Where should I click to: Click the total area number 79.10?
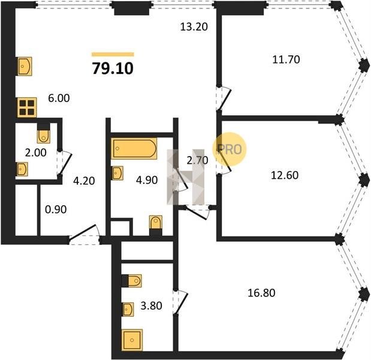[x=113, y=68]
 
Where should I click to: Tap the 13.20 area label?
[x=194, y=26]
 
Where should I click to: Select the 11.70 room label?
[x=286, y=59]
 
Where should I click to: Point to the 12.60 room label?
[x=285, y=175]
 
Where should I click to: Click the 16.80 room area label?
[x=261, y=293]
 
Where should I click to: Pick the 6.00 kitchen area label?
[x=59, y=98]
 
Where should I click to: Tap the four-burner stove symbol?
[x=27, y=107]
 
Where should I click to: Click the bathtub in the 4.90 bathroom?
[x=134, y=148]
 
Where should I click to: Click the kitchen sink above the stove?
[x=25, y=67]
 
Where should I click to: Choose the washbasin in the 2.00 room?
[x=22, y=169]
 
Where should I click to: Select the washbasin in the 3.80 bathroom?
[x=128, y=309]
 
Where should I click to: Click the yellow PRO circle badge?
[x=230, y=149]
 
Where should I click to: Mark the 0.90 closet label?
[x=56, y=209]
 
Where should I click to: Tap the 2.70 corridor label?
[x=197, y=160]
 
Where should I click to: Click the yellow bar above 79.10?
[x=113, y=54]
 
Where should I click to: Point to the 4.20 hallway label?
[x=84, y=181]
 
